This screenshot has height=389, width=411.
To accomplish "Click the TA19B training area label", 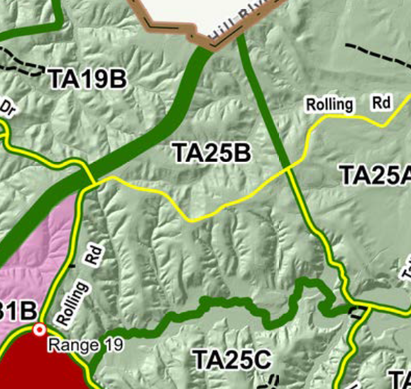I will click(x=87, y=79).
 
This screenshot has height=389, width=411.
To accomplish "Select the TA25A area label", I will click(x=374, y=175).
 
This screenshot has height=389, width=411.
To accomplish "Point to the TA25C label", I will click(x=232, y=361).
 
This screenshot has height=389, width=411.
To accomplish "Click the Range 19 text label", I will click(x=85, y=346).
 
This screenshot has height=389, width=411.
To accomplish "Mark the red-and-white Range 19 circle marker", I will click(x=40, y=330).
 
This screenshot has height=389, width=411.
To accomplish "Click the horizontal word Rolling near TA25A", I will click(x=329, y=105).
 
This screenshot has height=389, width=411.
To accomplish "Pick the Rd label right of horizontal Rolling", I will click(x=381, y=103).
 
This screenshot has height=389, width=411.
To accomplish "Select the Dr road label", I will click(x=7, y=108).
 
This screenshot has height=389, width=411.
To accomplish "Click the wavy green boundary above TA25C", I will click(x=213, y=303).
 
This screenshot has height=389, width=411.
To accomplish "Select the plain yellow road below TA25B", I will click(x=192, y=213).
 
